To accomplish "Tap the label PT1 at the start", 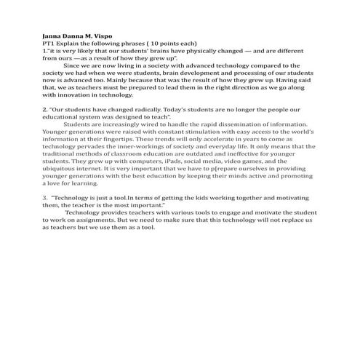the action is pyautogui.click(x=47, y=43).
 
